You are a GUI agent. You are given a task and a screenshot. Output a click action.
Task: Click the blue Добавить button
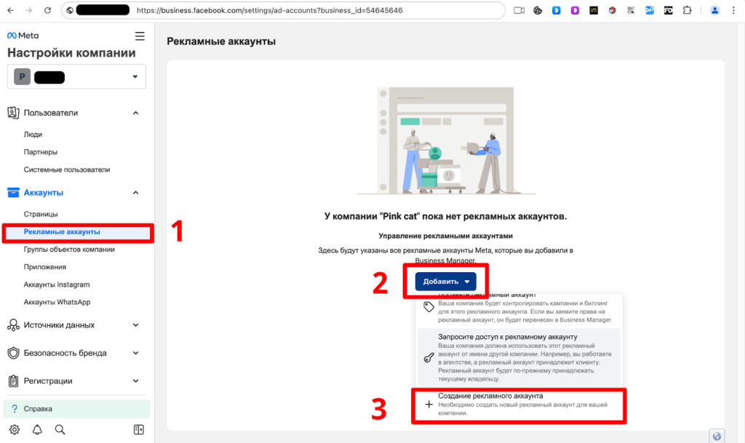445,282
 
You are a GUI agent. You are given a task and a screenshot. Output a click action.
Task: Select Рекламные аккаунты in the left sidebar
62,232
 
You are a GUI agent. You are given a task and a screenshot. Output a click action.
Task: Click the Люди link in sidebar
33,135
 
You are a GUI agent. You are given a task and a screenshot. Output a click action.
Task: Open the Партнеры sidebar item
41,152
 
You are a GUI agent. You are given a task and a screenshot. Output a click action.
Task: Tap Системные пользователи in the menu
67,169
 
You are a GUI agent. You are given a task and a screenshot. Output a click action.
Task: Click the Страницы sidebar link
41,215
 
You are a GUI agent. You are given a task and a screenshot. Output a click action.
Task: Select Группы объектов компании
69,250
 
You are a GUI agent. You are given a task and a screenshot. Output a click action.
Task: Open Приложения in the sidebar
45,267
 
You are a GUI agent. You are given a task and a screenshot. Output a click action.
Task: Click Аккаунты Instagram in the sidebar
57,284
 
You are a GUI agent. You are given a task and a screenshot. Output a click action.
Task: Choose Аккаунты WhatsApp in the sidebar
57,302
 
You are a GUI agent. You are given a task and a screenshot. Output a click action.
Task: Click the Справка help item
38,409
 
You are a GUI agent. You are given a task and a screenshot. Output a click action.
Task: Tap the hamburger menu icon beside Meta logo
140,36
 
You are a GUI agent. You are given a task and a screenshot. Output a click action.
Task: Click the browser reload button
47,11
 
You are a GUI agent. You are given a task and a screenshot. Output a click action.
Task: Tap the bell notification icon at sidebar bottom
37,429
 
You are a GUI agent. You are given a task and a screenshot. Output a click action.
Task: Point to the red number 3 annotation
378,410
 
